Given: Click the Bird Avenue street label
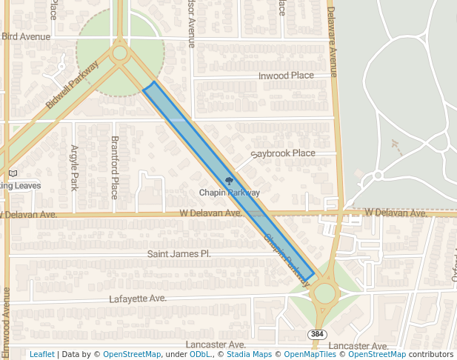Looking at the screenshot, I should [x=25, y=36].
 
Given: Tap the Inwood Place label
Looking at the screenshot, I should [x=286, y=76].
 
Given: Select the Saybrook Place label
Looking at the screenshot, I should [x=283, y=153].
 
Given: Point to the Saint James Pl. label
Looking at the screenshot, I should [x=179, y=253].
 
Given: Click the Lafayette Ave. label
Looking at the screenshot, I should [x=137, y=299].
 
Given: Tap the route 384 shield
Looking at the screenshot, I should [x=317, y=334].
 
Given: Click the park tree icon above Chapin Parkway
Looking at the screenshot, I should [x=229, y=181].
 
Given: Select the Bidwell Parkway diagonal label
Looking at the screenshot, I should [x=72, y=84].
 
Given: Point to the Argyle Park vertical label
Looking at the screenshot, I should [x=75, y=167].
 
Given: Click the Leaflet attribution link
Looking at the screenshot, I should [x=41, y=354].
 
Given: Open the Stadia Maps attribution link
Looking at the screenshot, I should [x=249, y=354].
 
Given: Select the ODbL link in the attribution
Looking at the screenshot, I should [x=200, y=354].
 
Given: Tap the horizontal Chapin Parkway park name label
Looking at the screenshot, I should [x=230, y=193].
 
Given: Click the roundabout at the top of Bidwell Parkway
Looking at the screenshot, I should [x=119, y=53].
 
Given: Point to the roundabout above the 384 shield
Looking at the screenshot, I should [x=324, y=293].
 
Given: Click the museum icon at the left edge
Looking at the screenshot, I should [x=13, y=173].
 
